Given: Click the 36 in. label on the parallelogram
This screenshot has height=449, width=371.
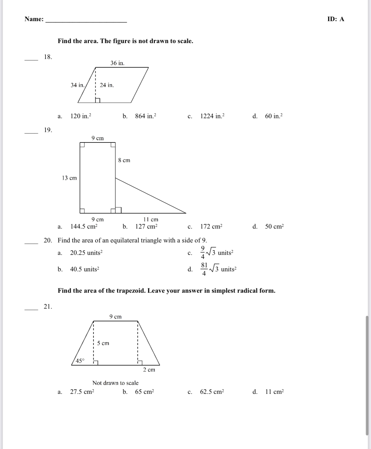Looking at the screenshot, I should click(117, 63).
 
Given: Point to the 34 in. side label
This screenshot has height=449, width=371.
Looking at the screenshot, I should click(77, 85).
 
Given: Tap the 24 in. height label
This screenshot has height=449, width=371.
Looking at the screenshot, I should click(107, 85).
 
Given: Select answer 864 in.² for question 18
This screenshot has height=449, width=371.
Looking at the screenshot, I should click(145, 116).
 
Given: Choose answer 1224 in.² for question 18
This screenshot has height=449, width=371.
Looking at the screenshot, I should click(212, 116).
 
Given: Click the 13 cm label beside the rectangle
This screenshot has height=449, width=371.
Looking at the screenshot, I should click(69, 178).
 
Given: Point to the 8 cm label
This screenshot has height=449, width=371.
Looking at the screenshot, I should click(124, 160).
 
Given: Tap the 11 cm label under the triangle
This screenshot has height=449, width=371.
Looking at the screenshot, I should click(151, 220).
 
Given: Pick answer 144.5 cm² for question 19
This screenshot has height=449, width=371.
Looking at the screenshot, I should click(84, 227).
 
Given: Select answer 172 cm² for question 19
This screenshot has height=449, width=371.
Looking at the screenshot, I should click(211, 227).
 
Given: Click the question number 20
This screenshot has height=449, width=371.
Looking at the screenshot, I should click(48, 240).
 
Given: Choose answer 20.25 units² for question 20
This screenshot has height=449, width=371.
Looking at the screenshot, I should click(86, 253).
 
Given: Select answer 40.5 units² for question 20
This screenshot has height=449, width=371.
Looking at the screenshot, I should click(84, 269).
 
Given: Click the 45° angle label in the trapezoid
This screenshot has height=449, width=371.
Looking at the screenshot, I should click(80, 361).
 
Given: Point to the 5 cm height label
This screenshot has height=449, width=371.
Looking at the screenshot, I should click(103, 343).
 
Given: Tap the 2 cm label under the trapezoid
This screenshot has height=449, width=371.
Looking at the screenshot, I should click(149, 370).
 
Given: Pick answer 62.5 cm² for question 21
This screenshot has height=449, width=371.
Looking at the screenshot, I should click(212, 392).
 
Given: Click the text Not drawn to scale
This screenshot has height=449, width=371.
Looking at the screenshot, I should click(115, 383).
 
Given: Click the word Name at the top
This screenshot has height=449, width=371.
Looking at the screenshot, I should click(34, 19).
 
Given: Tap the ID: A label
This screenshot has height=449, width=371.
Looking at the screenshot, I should click(336, 19).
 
